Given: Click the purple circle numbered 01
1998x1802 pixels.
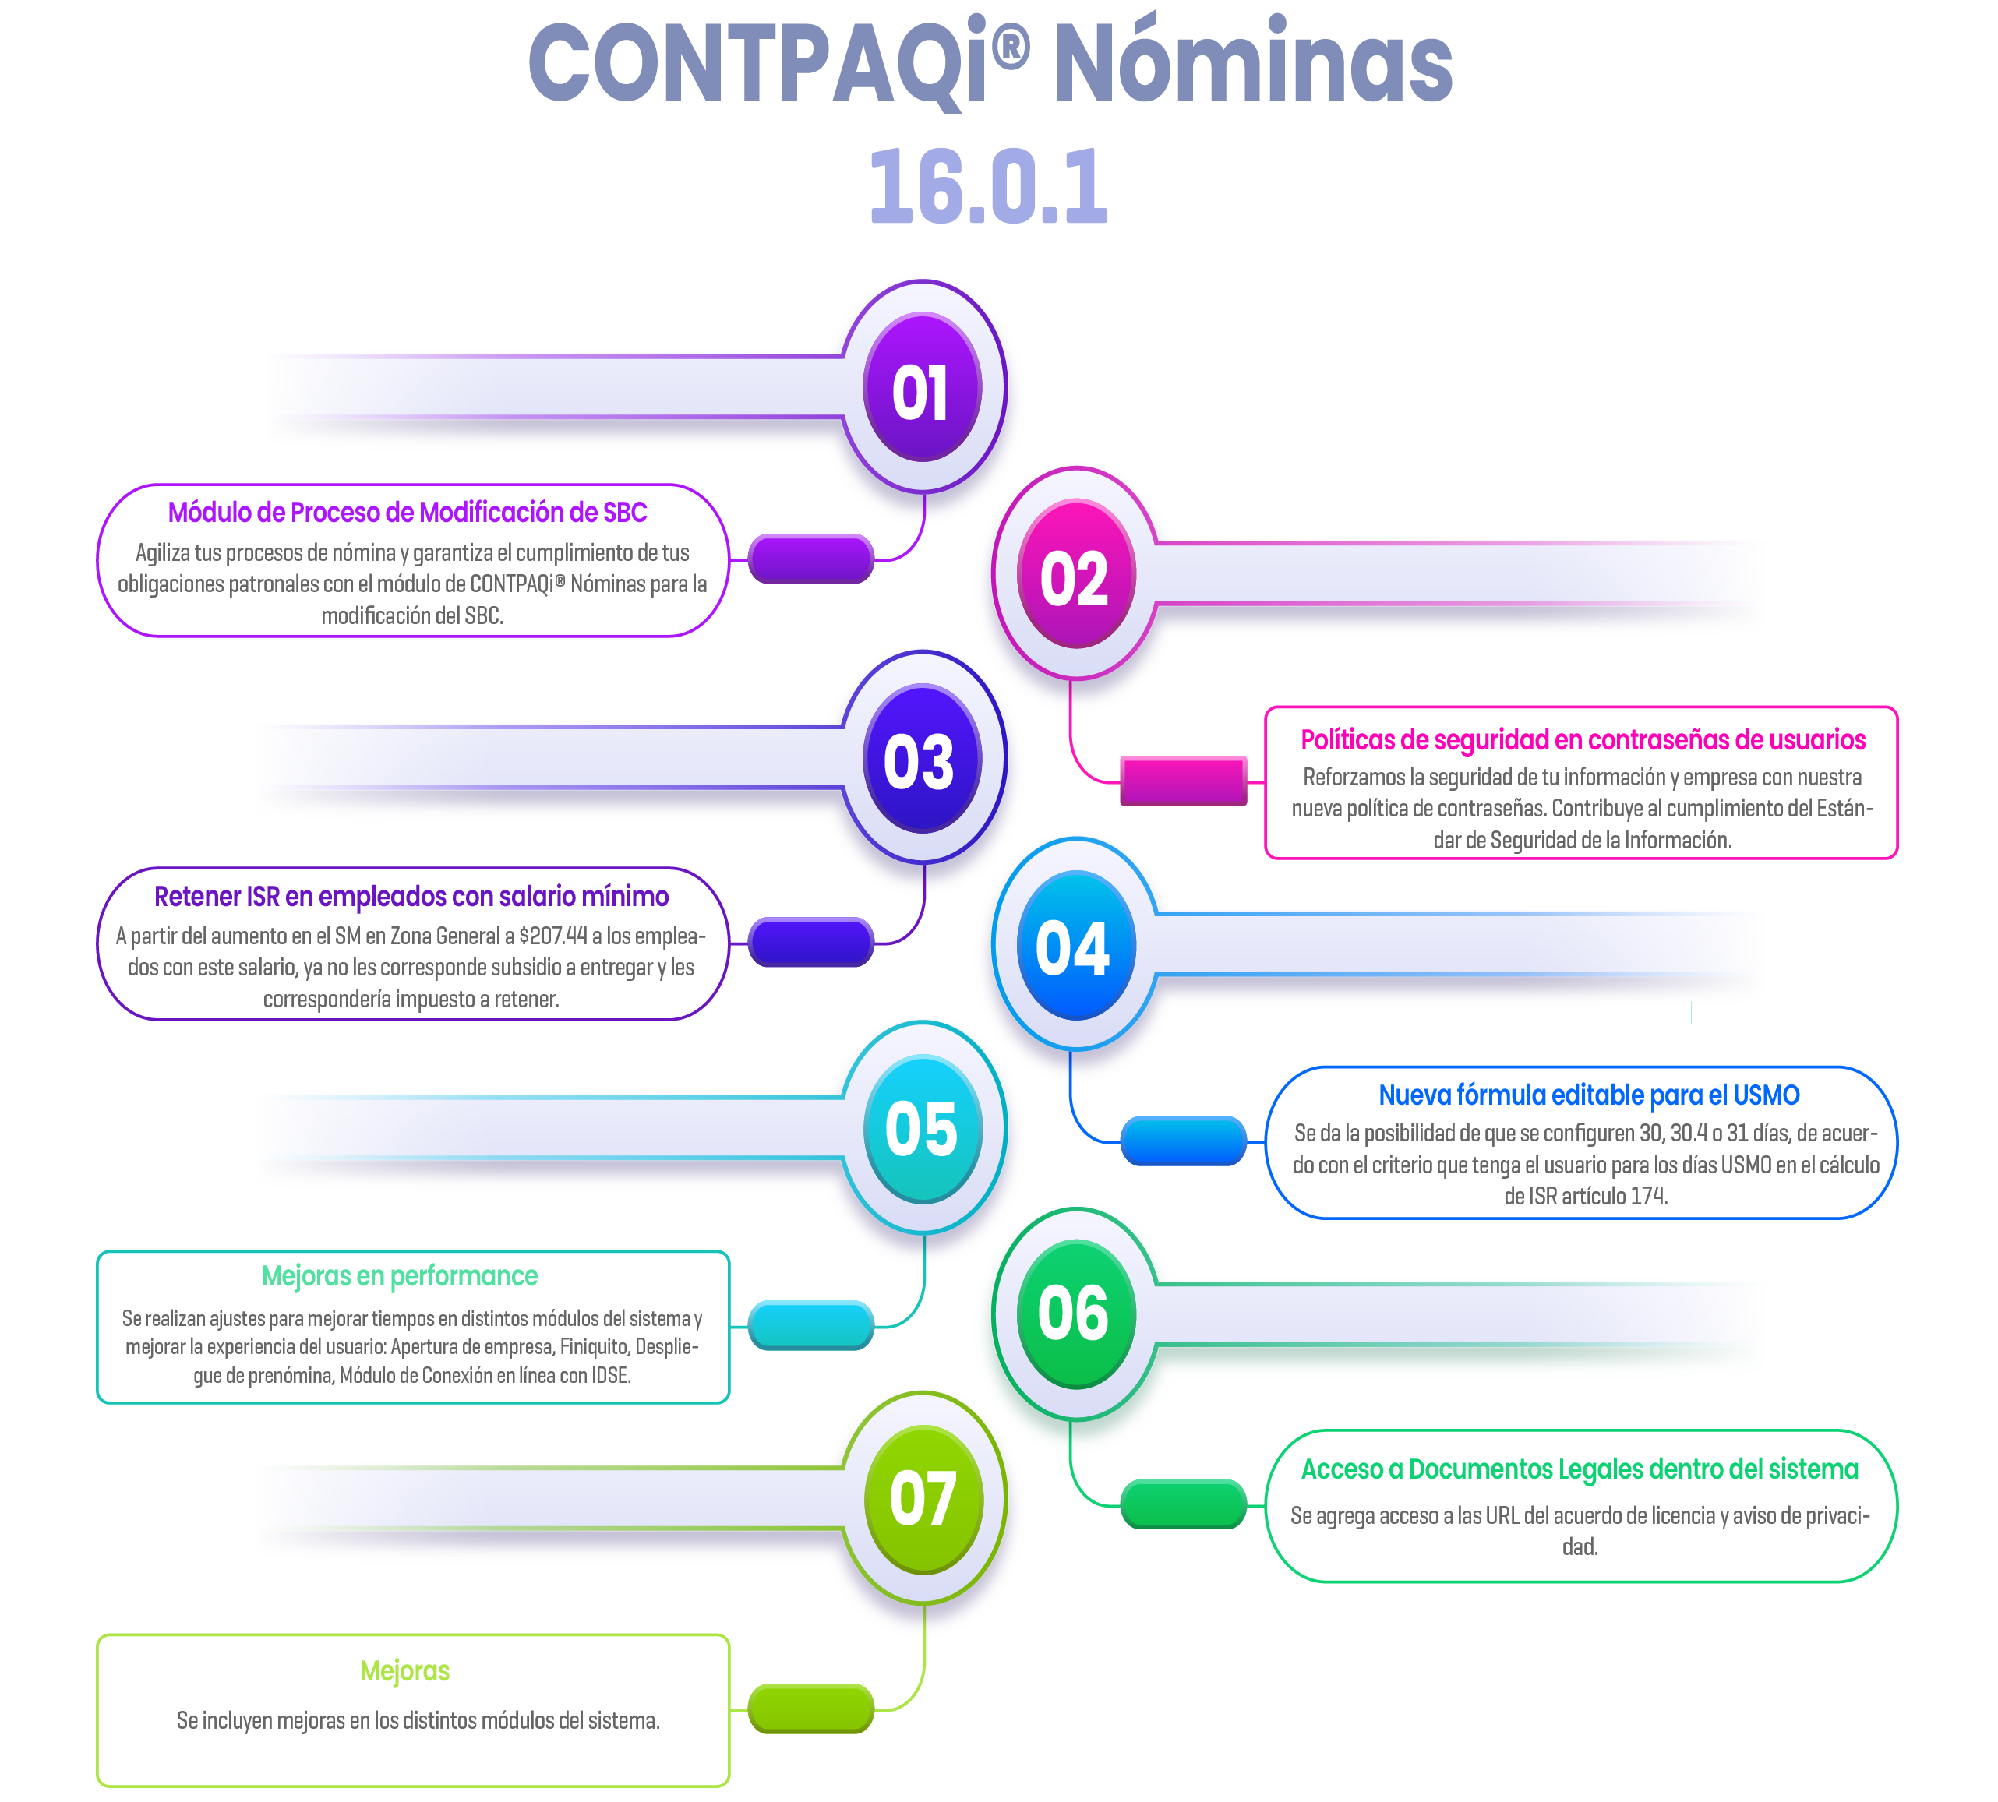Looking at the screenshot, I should coord(922,389).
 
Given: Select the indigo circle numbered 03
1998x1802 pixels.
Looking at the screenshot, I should coord(922,760).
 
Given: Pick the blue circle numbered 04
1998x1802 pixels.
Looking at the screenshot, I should coord(1075,947).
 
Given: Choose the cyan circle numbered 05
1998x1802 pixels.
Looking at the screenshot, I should coord(922,1130).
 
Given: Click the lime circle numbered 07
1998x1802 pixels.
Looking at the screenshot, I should coord(922,1499).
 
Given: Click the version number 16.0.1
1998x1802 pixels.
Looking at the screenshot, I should coord(988,186).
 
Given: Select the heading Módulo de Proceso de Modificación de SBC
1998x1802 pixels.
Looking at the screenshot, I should coord(407,512).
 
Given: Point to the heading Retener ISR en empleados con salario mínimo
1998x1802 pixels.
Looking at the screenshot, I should coord(411,896).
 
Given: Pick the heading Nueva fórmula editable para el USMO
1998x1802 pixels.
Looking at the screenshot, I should coord(1588,1095).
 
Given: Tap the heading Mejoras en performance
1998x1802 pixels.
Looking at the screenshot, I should coord(399,1276).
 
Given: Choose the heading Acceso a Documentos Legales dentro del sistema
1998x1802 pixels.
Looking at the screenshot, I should coord(1580,1469).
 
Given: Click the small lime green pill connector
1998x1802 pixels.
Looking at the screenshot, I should coord(810,1709).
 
